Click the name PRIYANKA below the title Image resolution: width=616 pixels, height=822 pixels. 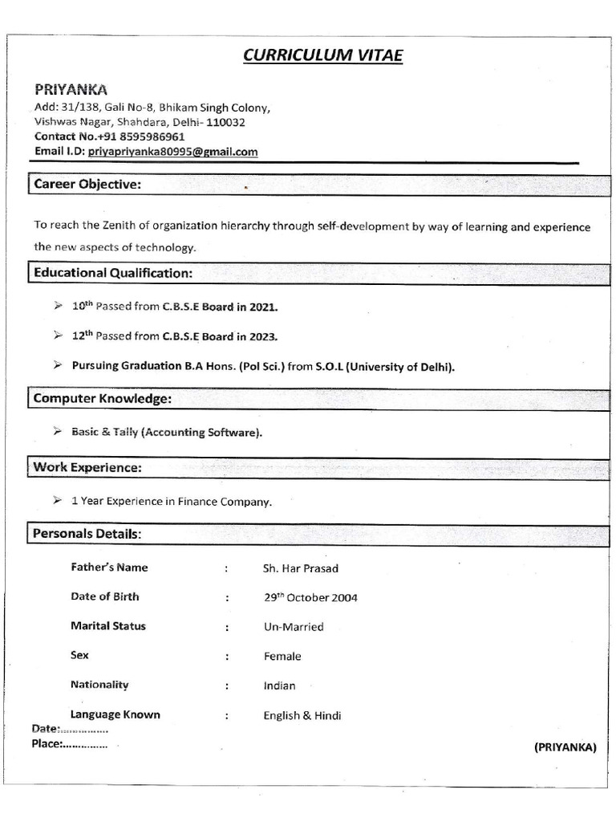click(x=71, y=89)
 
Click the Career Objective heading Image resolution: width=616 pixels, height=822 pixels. click(x=87, y=185)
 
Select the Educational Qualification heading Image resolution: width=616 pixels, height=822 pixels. click(x=113, y=273)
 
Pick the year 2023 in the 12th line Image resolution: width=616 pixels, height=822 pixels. click(x=263, y=336)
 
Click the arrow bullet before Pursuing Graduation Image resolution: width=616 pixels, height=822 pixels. click(x=58, y=365)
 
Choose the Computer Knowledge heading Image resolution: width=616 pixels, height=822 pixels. click(x=102, y=399)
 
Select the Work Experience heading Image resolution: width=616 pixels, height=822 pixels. click(x=87, y=467)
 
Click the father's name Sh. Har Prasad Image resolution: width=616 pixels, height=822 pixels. click(x=301, y=568)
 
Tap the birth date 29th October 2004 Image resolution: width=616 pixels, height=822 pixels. click(x=310, y=597)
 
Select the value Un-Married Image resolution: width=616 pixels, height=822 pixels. click(x=294, y=627)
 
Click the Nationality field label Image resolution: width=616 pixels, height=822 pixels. click(x=99, y=685)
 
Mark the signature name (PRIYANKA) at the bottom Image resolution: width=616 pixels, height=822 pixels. click(x=565, y=747)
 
